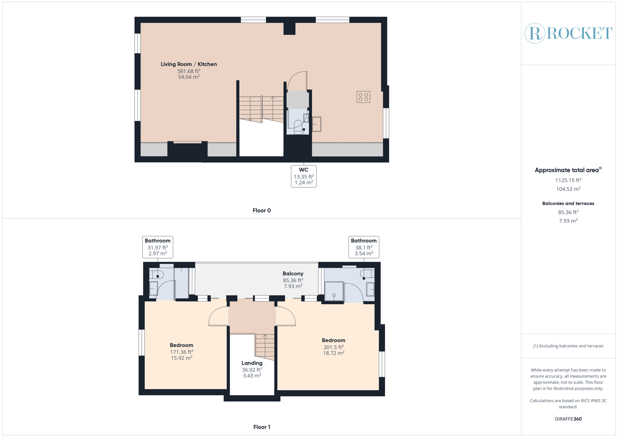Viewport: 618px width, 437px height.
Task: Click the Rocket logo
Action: (568, 33)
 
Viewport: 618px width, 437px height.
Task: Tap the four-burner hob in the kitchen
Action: (363, 97)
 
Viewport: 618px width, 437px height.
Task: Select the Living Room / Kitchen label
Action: (189, 64)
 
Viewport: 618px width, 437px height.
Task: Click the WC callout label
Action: (304, 176)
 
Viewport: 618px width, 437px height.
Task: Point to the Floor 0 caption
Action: (261, 210)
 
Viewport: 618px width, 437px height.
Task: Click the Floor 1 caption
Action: (261, 427)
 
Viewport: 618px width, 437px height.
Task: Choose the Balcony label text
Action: (293, 274)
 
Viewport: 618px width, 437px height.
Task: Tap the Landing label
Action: (252, 363)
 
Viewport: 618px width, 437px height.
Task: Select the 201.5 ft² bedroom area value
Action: (333, 347)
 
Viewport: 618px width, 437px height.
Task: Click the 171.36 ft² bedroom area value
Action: (181, 352)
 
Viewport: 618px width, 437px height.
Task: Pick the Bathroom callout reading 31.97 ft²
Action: (157, 247)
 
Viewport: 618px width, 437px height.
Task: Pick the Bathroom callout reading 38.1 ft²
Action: (363, 247)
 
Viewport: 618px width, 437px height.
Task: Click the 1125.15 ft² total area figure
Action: (568, 180)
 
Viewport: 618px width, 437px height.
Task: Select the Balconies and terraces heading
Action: (568, 204)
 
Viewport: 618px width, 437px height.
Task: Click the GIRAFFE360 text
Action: (568, 419)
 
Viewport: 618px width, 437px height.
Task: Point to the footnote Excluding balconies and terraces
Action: (568, 346)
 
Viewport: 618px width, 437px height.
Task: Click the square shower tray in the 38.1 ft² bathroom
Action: (334, 292)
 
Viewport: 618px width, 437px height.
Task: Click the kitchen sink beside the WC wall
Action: (316, 124)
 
